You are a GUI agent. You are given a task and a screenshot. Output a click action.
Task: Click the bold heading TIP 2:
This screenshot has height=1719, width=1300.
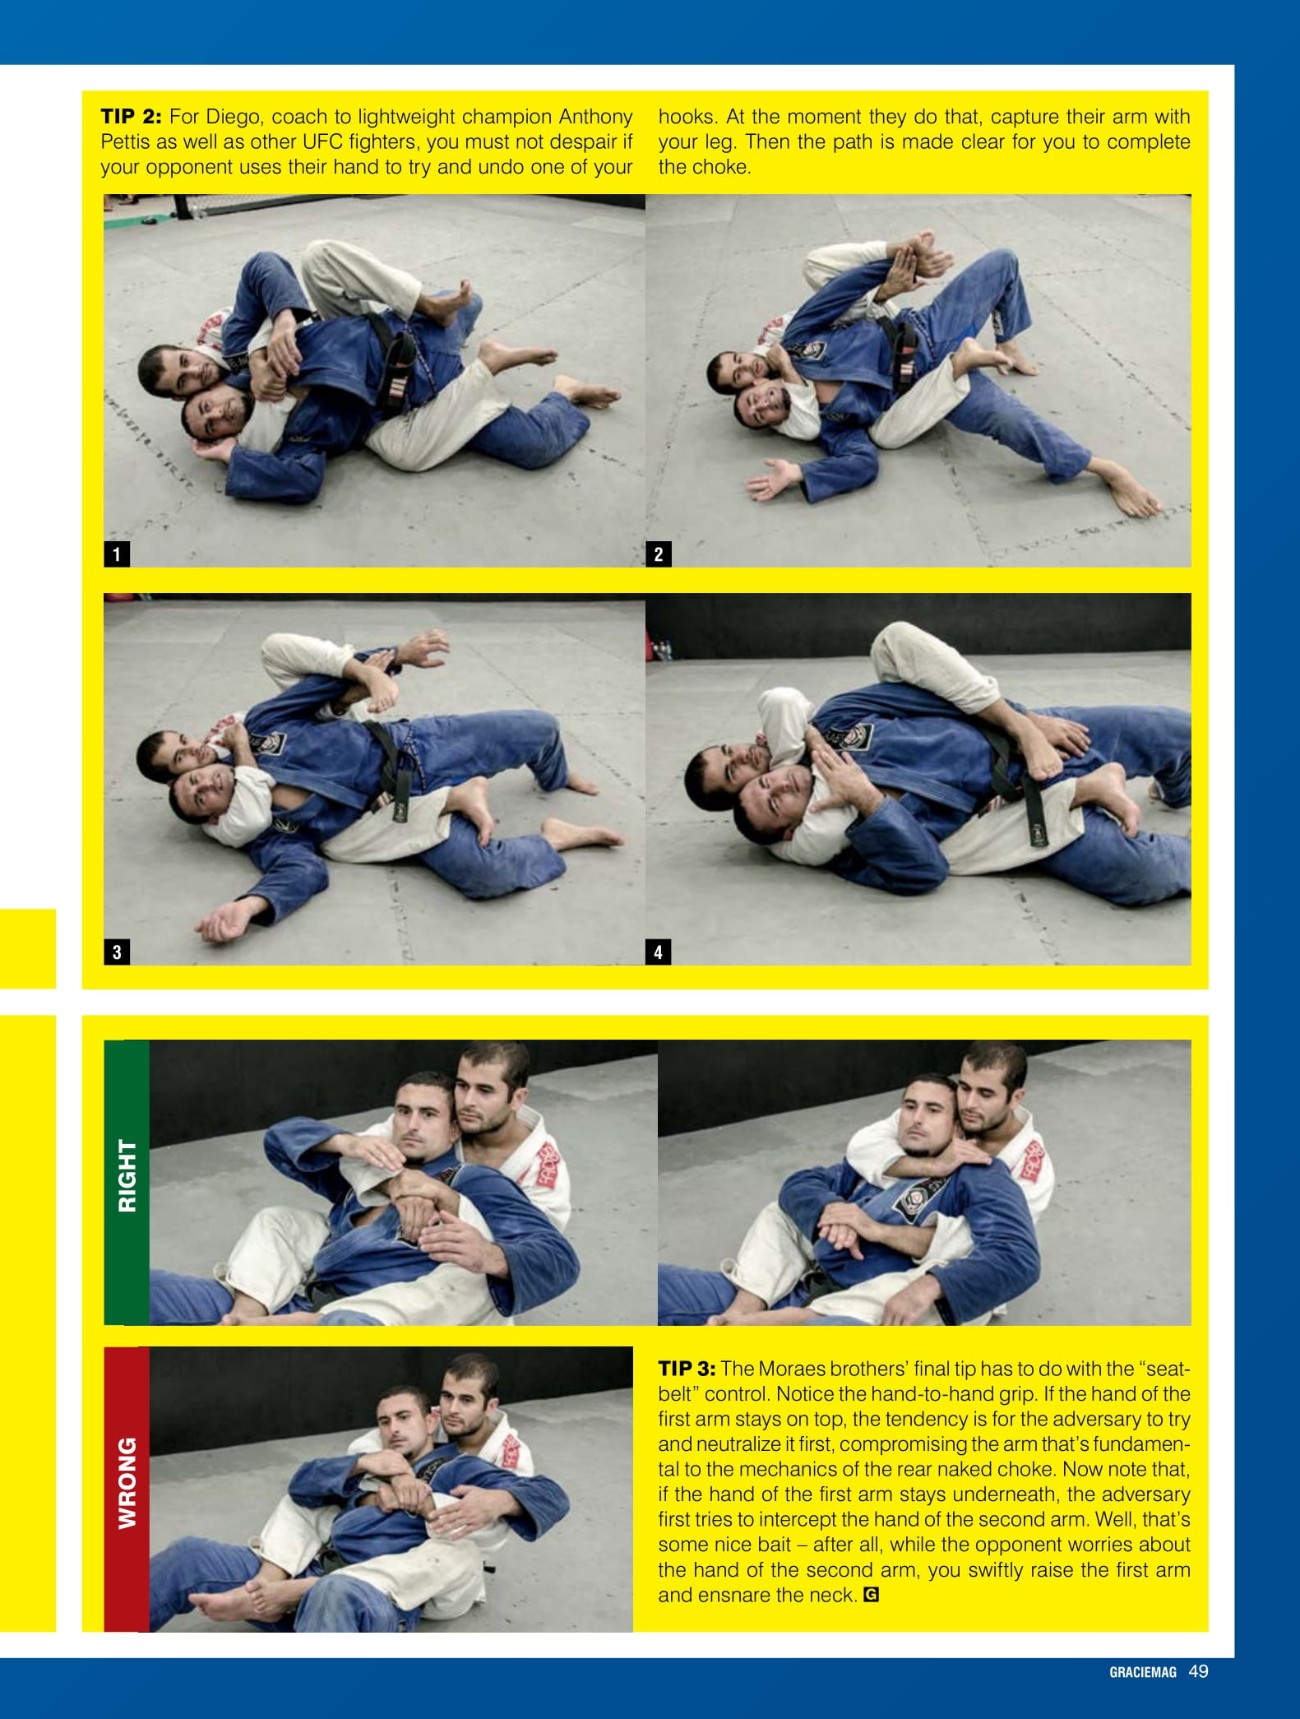(x=132, y=116)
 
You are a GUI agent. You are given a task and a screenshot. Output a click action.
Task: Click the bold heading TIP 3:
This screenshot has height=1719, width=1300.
(x=687, y=1369)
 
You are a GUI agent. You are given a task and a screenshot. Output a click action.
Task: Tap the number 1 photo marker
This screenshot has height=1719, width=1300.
(x=117, y=554)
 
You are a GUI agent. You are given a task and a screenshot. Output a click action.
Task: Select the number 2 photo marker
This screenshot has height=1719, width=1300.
(x=659, y=554)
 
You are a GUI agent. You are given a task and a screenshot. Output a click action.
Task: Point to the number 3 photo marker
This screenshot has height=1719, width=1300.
(x=117, y=952)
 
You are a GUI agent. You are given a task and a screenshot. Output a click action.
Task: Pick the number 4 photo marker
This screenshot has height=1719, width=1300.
(x=659, y=952)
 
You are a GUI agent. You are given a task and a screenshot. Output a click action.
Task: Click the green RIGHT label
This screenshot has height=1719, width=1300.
(x=127, y=1175)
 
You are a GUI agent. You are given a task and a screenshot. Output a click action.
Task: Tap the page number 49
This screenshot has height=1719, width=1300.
(x=1199, y=1671)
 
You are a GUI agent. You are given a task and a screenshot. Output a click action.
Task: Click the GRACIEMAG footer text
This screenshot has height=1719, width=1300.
(x=1143, y=1672)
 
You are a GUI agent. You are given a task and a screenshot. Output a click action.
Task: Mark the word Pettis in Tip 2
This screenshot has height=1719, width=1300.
(x=126, y=141)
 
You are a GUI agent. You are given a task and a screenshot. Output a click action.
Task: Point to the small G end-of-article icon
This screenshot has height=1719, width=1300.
(x=872, y=1595)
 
